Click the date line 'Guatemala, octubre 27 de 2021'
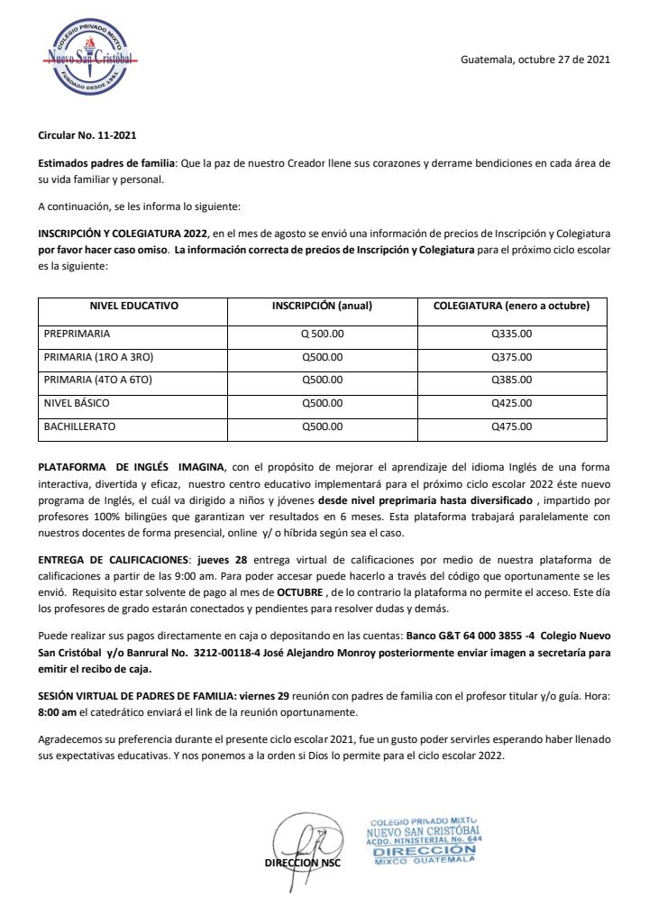coord(535,60)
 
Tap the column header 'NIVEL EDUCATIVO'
coord(134,307)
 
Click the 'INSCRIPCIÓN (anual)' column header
coord(322,307)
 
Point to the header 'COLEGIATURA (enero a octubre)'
coord(511,307)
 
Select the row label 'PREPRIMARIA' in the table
coord(77,334)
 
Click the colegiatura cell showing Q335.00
coord(511,334)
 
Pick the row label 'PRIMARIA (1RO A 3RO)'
coord(98,357)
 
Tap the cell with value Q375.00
coord(511,357)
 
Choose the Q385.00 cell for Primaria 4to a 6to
coord(511,380)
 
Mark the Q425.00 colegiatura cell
coord(511,403)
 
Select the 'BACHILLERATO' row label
coord(79,426)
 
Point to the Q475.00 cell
coord(511,426)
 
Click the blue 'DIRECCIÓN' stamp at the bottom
coord(425,849)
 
